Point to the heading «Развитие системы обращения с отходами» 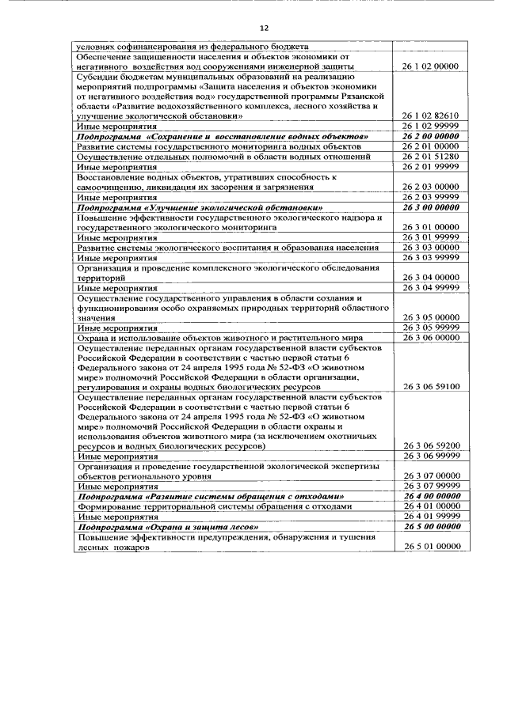[x=212, y=496]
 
